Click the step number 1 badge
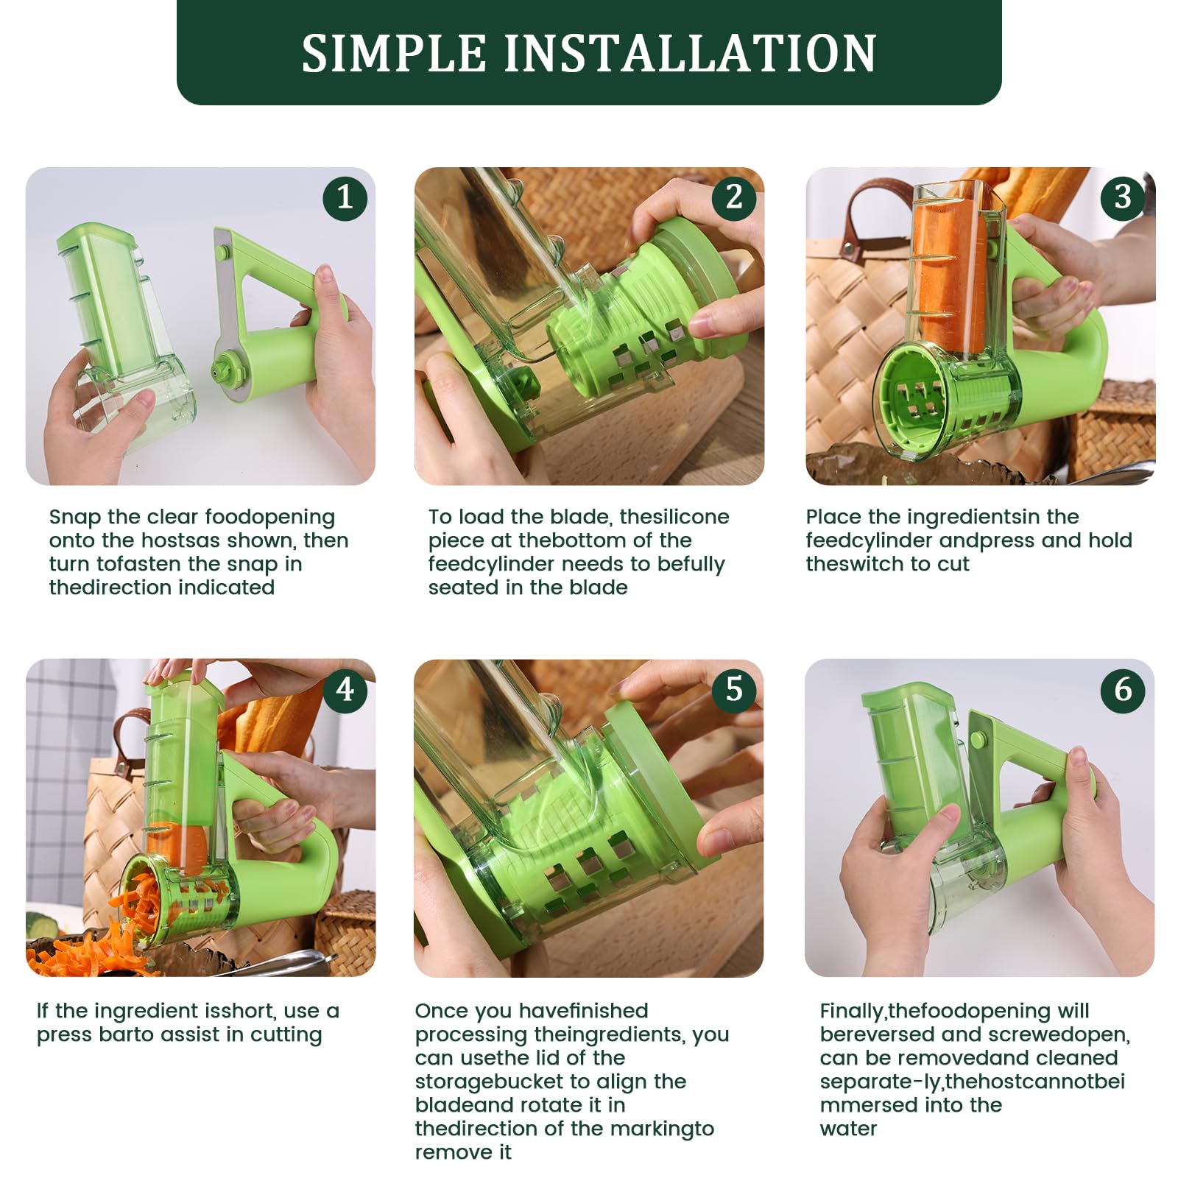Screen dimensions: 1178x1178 345,197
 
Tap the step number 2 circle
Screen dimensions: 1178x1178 734,197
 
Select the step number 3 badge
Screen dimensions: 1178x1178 1122,197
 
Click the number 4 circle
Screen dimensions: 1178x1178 345,690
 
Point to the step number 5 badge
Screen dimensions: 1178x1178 734,690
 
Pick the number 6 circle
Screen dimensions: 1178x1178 1122,690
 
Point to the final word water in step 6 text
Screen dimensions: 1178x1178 848,1129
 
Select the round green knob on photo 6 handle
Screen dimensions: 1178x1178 978,739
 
